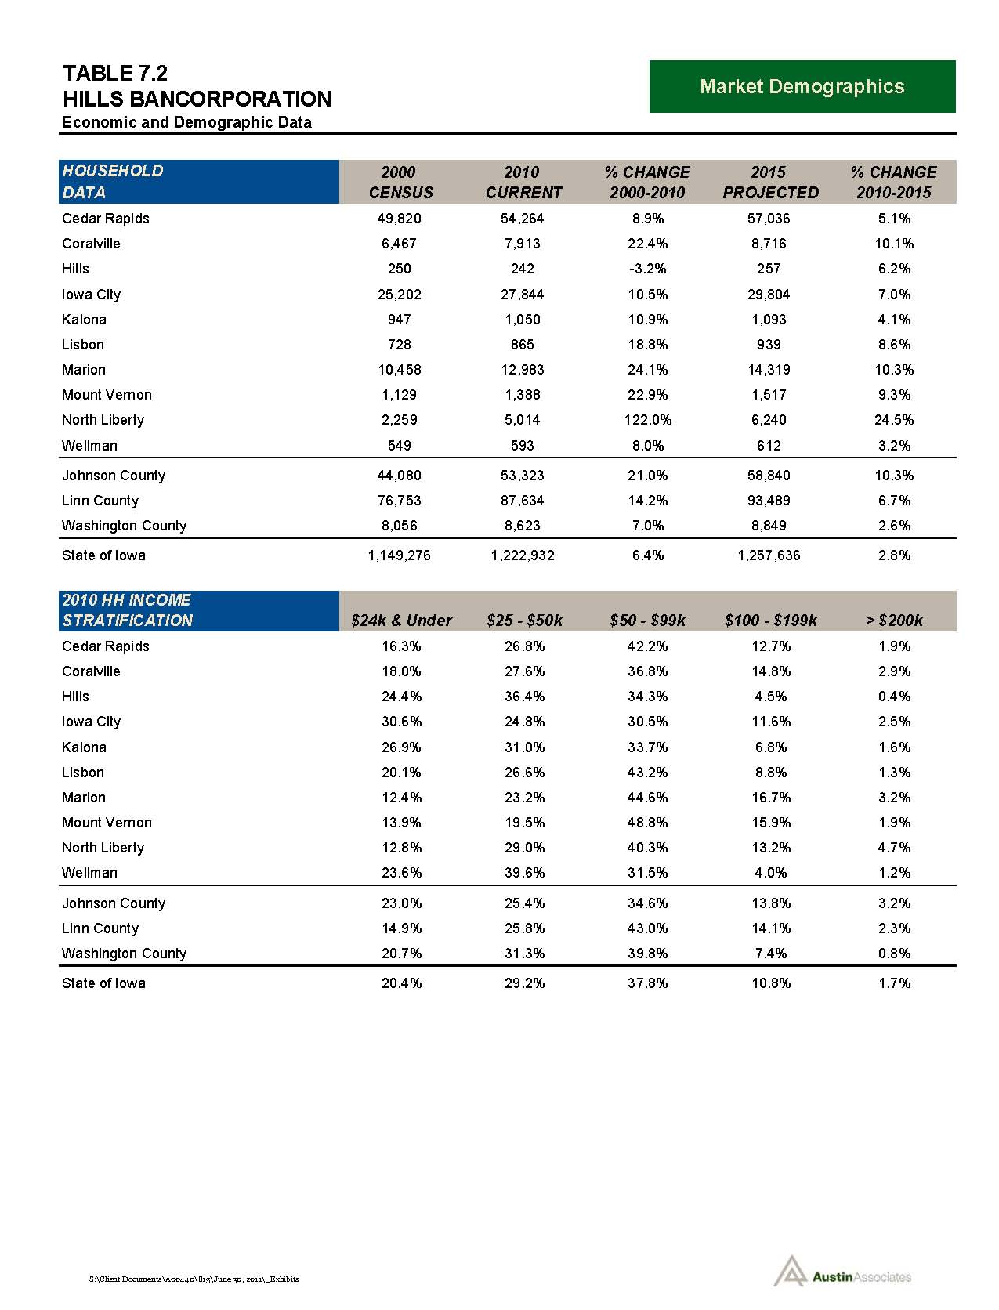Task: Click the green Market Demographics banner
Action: coord(802,86)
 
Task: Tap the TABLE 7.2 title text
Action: coord(115,74)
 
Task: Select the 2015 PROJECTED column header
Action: coord(769,182)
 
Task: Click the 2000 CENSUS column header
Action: coord(400,182)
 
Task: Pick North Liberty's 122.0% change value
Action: coord(647,420)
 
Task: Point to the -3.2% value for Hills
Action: coord(647,269)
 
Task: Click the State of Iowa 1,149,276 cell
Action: coord(400,555)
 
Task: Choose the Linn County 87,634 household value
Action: coord(522,501)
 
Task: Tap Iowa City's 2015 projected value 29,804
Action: coord(769,295)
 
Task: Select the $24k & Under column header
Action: coord(401,621)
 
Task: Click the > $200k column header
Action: coord(893,621)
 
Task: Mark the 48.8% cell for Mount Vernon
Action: coord(647,823)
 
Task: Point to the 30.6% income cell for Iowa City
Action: coord(401,722)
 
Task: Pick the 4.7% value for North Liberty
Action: coord(894,848)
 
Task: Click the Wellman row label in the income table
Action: coord(89,873)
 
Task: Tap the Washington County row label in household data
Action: coord(124,526)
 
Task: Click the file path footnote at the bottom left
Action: coord(194,1279)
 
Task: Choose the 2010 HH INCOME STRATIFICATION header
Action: coord(127,610)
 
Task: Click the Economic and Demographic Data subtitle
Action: coord(186,122)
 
